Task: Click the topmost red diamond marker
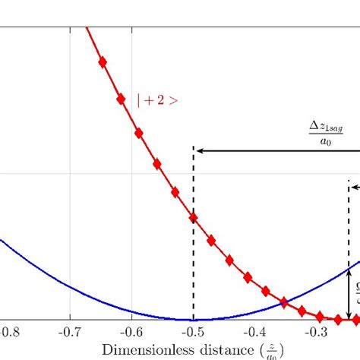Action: click(103, 63)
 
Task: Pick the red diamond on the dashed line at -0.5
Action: click(194, 219)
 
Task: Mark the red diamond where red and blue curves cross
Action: click(285, 302)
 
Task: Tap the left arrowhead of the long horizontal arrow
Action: click(201, 151)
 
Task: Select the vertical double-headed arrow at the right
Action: click(349, 293)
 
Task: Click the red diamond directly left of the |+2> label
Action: click(120, 99)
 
